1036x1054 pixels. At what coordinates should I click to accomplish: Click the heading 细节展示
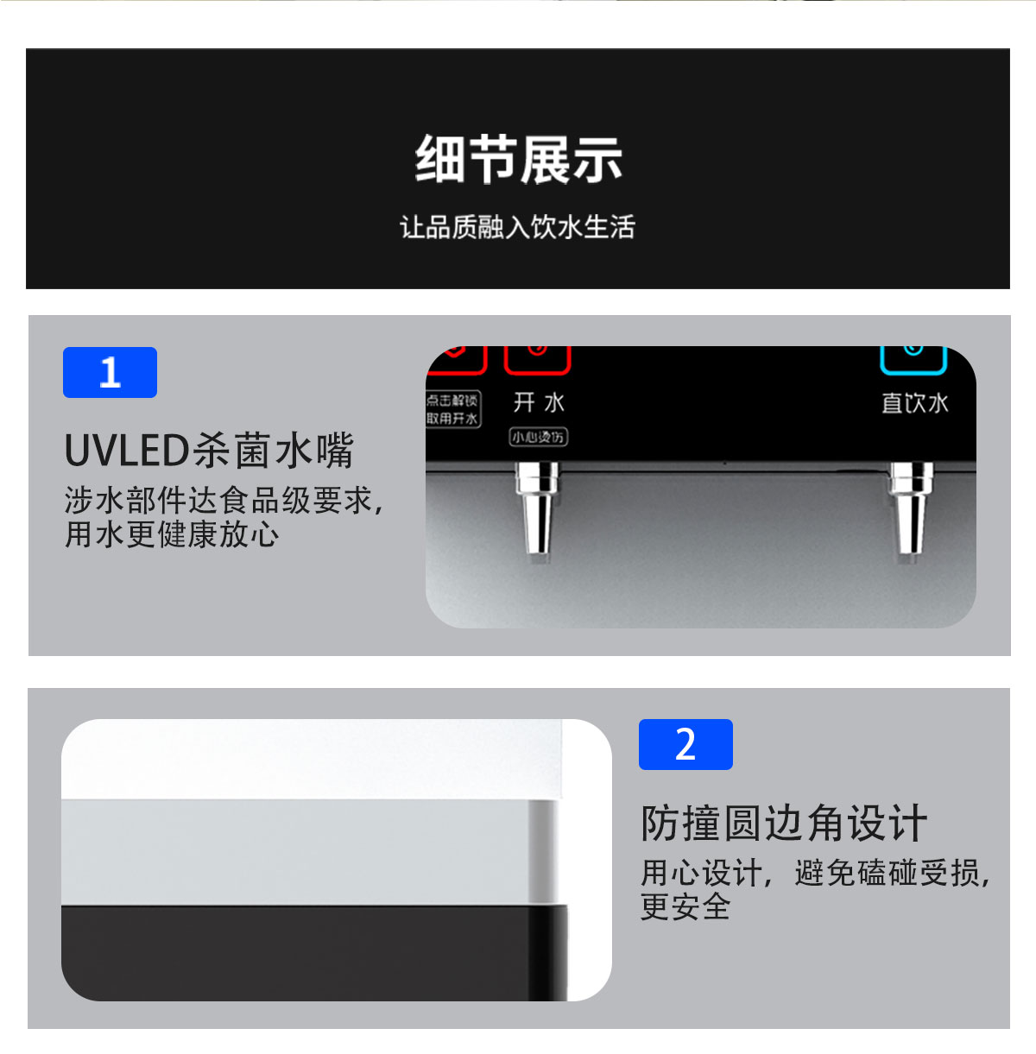point(518,160)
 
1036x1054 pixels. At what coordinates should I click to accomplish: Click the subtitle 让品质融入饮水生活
point(517,227)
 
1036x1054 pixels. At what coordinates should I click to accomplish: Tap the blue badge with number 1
point(110,372)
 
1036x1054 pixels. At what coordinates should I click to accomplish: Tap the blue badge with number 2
point(685,744)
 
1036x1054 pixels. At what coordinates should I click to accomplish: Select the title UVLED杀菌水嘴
point(209,450)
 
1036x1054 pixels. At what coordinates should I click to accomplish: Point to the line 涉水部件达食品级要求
point(223,500)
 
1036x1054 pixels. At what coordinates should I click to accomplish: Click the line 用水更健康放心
point(172,534)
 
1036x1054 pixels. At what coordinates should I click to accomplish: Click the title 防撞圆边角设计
point(784,823)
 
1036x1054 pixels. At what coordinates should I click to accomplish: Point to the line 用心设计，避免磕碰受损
point(814,873)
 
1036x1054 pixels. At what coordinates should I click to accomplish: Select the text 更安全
point(685,907)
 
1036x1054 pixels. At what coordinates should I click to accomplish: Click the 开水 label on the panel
point(539,402)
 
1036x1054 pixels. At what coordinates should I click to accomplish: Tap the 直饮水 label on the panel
point(914,403)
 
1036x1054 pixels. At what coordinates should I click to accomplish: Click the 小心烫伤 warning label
point(538,438)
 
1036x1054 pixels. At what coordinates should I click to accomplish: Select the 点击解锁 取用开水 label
point(452,409)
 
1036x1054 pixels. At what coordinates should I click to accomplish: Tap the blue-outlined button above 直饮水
point(913,358)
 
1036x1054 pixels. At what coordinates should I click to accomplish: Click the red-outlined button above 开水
point(537,358)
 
